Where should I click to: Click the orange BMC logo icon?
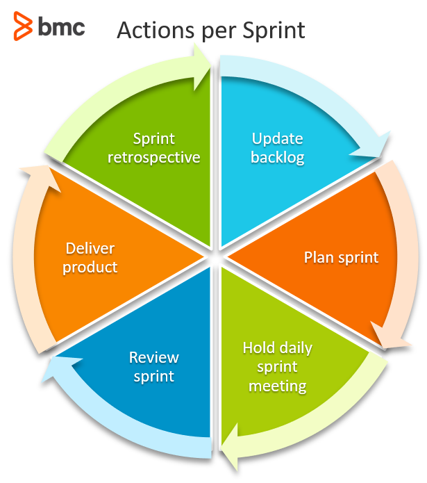coord(23,26)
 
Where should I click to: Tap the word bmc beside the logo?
coord(62,26)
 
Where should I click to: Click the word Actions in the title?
coord(156,30)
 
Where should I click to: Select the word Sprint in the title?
coord(274,31)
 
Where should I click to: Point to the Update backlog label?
coord(278,148)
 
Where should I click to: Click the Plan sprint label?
coord(341,258)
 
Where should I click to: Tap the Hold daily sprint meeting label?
coord(278,367)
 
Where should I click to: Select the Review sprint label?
coord(154,367)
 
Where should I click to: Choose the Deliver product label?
coord(90,258)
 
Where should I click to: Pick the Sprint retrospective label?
coord(154,148)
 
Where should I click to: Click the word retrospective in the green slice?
coord(154,157)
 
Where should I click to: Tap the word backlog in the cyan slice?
coord(278,157)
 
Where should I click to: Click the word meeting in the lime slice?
coord(278,386)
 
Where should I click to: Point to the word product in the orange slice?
coord(90,267)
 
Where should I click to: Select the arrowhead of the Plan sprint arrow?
coord(390,336)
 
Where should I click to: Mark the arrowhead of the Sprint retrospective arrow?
coord(201,67)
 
